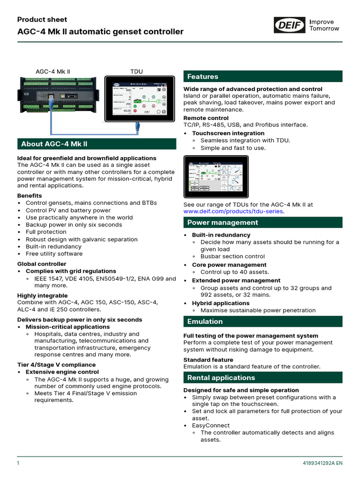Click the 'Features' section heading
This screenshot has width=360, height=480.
tap(202, 76)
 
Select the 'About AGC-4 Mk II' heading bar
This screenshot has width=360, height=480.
tap(54, 144)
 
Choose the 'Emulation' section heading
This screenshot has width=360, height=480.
tap(205, 322)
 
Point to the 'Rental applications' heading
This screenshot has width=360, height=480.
tap(221, 378)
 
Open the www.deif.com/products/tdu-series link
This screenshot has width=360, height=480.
tap(233, 211)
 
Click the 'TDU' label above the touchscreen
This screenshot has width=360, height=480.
tap(136, 72)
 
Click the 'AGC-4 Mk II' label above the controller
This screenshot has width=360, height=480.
tap(53, 72)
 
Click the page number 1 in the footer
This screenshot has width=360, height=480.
tap(18, 464)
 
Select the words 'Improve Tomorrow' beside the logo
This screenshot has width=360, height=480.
tap(324, 25)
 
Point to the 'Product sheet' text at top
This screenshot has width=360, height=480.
tap(42, 20)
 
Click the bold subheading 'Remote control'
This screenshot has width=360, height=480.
tap(206, 118)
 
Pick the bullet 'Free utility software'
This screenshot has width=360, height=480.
tap(54, 254)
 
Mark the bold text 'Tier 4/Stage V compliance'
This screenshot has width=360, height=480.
tap(56, 365)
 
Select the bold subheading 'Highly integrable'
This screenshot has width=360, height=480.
tap(42, 296)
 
